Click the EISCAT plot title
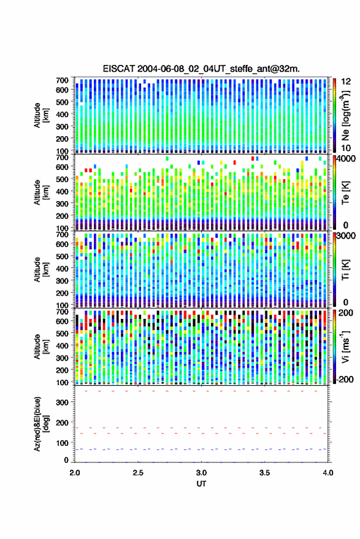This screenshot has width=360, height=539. pos(201,69)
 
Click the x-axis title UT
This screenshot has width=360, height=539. pos(201,484)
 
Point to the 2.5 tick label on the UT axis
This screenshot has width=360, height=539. pos(138,473)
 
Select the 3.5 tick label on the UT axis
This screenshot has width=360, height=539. pos(264,473)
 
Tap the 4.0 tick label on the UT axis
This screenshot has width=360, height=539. pos(327,473)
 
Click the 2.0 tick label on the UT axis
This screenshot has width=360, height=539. pos(75,473)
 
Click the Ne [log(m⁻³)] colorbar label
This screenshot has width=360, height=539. pos(345,115)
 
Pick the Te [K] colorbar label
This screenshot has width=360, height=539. pos(345,193)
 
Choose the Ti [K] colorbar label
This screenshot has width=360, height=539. pos(345,270)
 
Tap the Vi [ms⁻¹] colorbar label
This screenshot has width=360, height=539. pos(345,346)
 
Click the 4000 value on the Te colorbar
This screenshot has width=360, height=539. pos(346,159)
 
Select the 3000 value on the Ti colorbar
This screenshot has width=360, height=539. pos(346,236)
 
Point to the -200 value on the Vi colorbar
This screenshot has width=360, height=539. pos(345,380)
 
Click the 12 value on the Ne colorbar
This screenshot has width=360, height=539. pos(346,82)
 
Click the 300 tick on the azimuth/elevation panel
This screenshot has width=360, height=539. pos(62,402)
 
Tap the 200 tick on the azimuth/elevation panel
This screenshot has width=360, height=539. pos(62,423)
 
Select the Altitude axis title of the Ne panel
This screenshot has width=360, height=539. pos(41,115)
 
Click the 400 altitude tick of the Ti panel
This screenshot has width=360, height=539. pos(62,269)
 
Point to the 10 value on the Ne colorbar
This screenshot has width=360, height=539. pos(346,148)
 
